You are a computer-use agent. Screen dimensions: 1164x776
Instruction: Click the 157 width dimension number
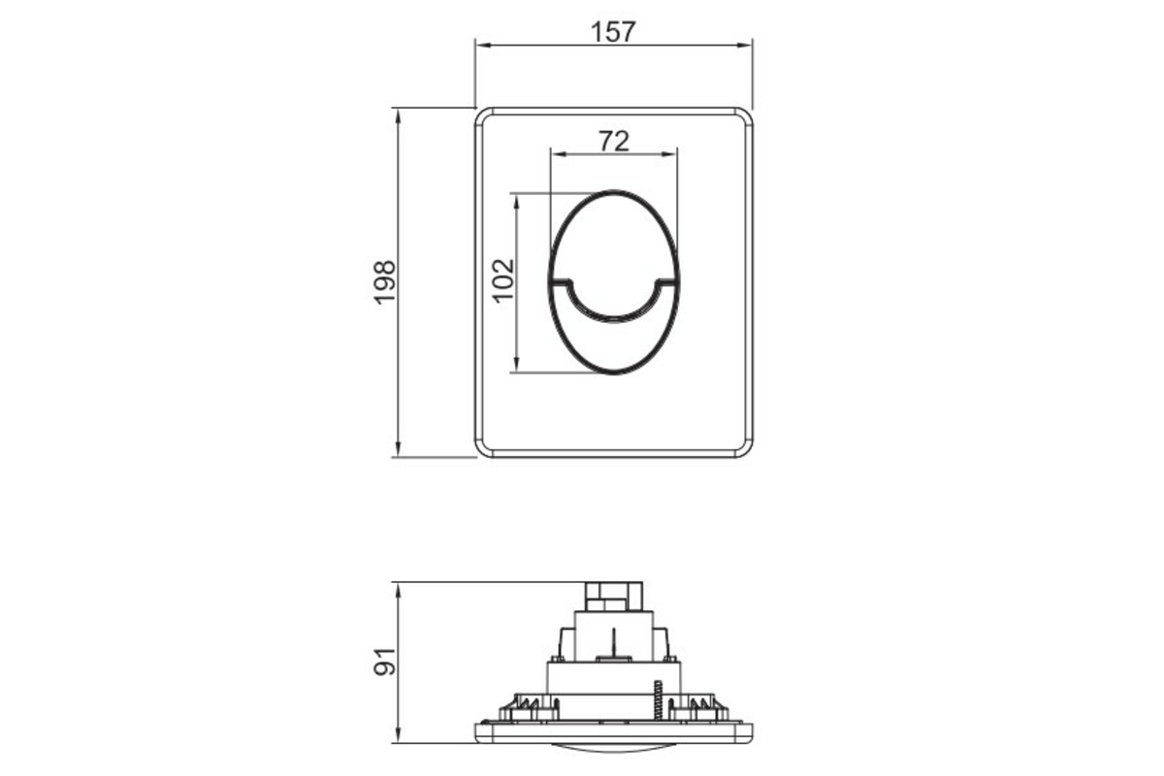coord(613,32)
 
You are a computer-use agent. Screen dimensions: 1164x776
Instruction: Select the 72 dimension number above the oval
coord(614,142)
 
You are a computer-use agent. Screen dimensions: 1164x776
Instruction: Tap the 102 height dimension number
coord(503,280)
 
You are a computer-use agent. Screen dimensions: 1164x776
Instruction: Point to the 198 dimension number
coord(384,282)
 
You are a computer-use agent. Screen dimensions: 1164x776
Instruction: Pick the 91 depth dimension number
coord(384,662)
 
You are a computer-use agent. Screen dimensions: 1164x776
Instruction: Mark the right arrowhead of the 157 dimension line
coord(744,46)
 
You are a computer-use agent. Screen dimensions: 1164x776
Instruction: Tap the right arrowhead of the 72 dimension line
coord(669,154)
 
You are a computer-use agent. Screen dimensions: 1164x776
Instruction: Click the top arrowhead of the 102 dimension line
coord(516,202)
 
